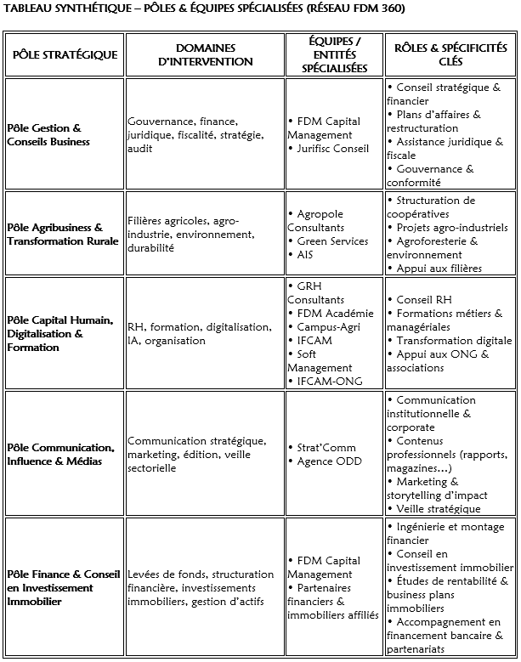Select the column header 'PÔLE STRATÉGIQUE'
click(65, 54)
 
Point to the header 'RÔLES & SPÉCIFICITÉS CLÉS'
click(450, 54)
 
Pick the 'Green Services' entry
click(332, 240)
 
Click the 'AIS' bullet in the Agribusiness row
click(306, 254)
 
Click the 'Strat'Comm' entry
click(326, 447)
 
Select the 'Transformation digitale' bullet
click(451, 340)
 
